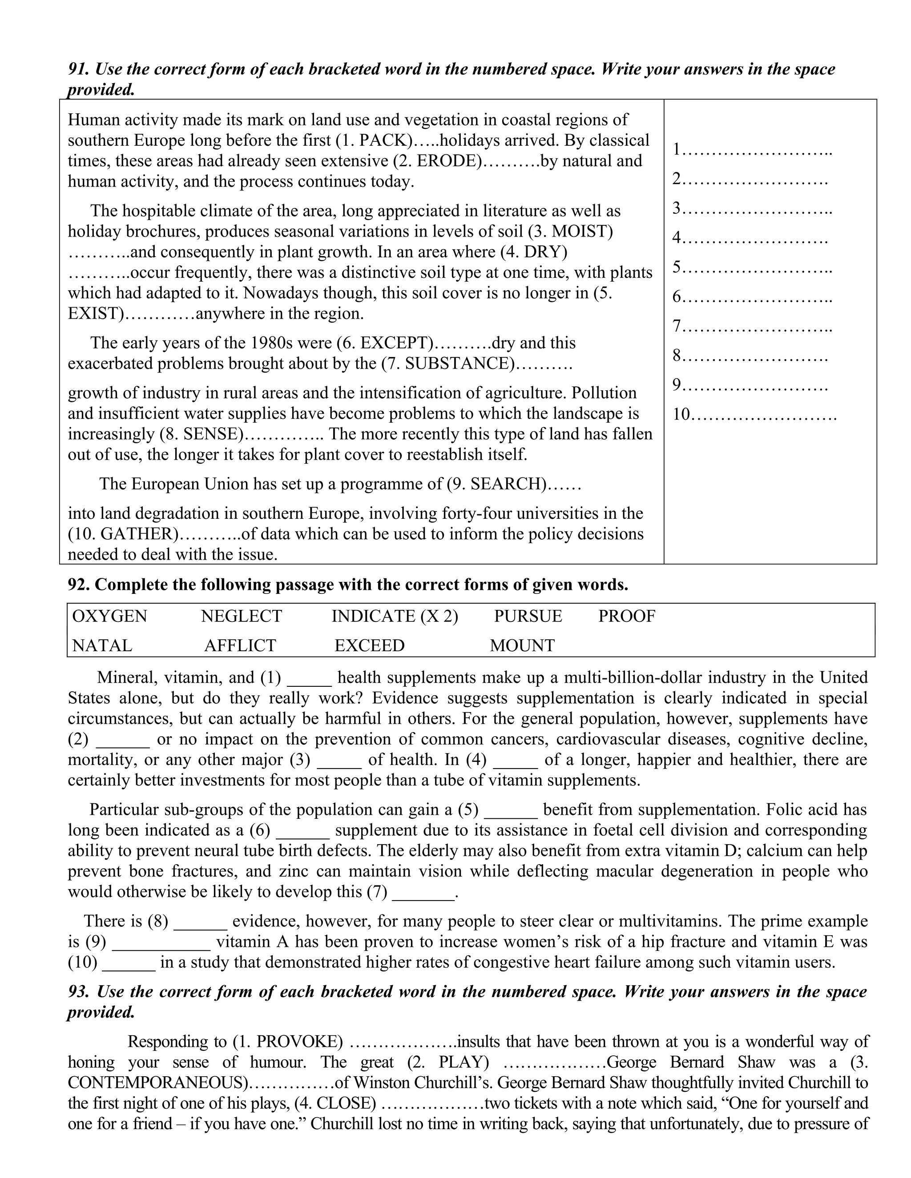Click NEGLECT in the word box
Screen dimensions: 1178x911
coord(241,617)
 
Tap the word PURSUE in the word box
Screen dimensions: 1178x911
coord(528,617)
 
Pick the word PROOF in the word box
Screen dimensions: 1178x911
coord(627,617)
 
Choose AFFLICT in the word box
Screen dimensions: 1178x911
coord(240,645)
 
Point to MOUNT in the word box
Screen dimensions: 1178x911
coord(522,645)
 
